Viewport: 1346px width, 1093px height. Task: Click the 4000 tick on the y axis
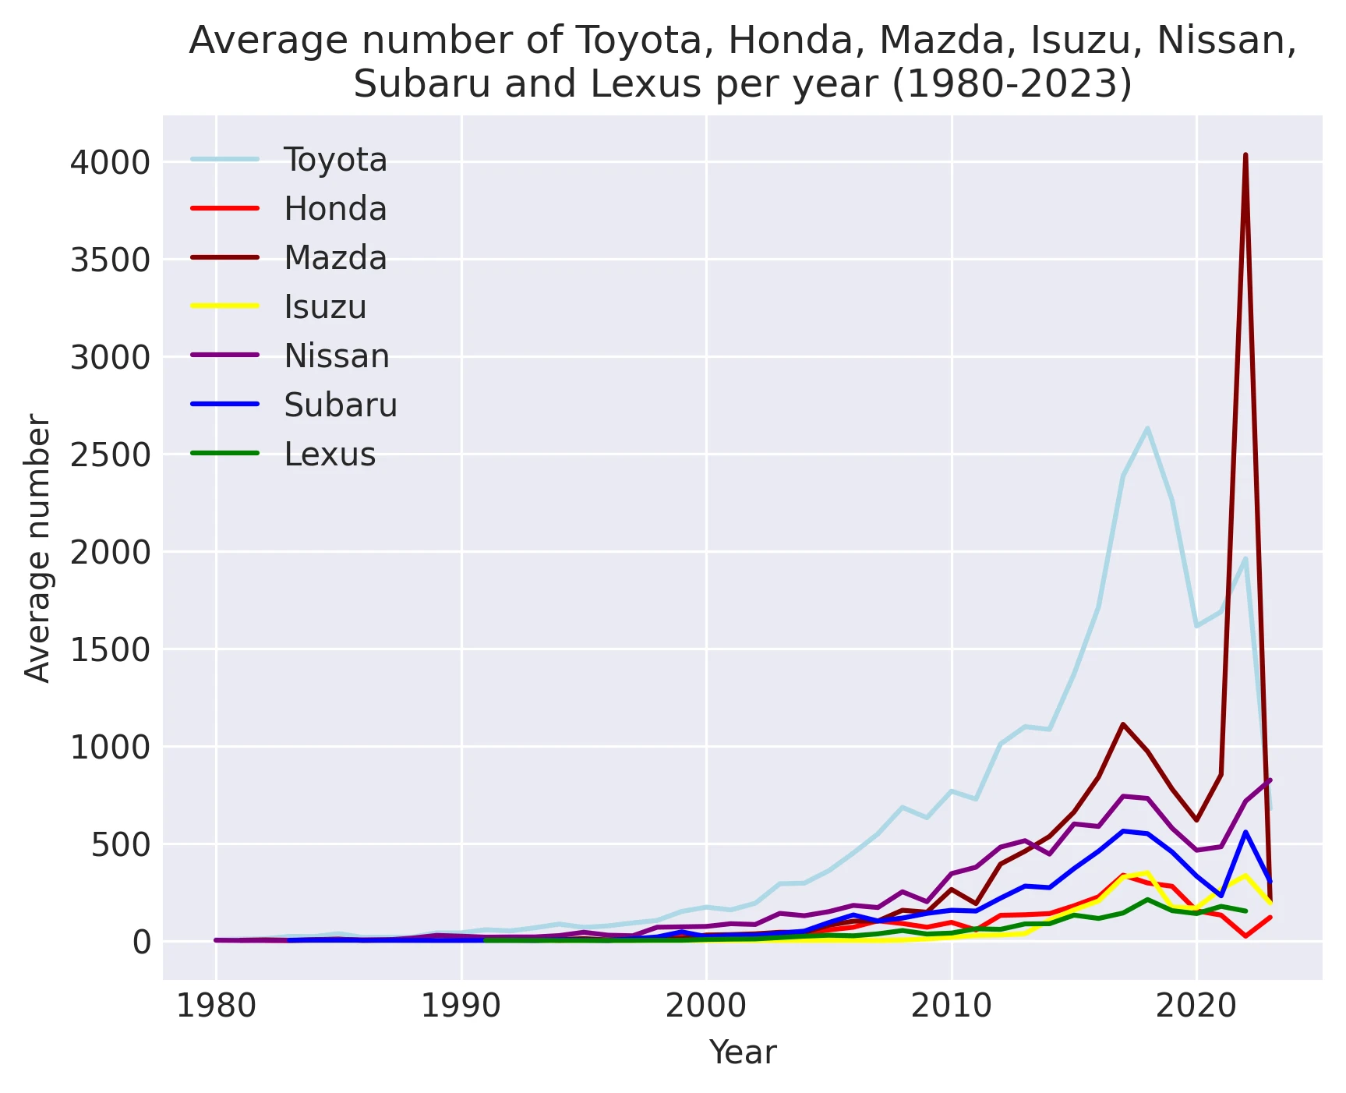(x=110, y=162)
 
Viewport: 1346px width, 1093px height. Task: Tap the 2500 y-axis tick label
(x=110, y=455)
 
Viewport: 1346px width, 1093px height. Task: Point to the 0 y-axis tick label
(x=141, y=942)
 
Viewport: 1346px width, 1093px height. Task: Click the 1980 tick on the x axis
(x=216, y=1006)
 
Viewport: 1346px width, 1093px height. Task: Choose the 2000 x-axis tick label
(x=706, y=1006)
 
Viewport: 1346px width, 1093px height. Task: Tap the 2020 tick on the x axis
(x=1196, y=1006)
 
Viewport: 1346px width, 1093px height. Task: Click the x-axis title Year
(x=743, y=1052)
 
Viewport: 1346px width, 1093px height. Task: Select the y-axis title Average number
(x=37, y=548)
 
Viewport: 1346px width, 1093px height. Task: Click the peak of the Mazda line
(x=1245, y=155)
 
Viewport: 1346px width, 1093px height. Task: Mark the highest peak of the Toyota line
(x=1147, y=428)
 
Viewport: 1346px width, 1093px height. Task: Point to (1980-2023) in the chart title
(x=1012, y=84)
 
